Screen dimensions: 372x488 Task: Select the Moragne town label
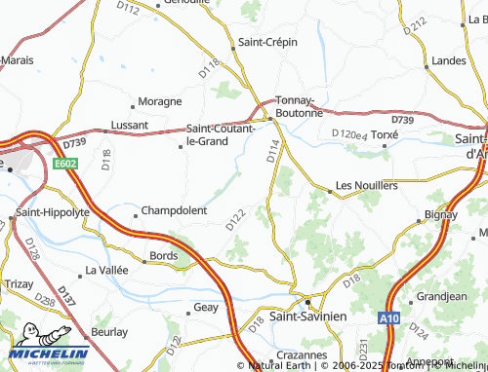click(x=160, y=101)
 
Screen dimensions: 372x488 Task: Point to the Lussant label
click(x=130, y=126)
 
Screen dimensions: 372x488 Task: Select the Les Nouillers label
click(x=367, y=184)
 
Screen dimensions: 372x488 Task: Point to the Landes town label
click(x=448, y=60)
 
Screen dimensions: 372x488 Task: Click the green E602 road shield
click(x=66, y=165)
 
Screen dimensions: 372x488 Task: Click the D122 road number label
click(x=235, y=220)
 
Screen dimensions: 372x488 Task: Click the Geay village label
click(x=205, y=307)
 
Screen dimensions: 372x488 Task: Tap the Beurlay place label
click(x=109, y=332)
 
